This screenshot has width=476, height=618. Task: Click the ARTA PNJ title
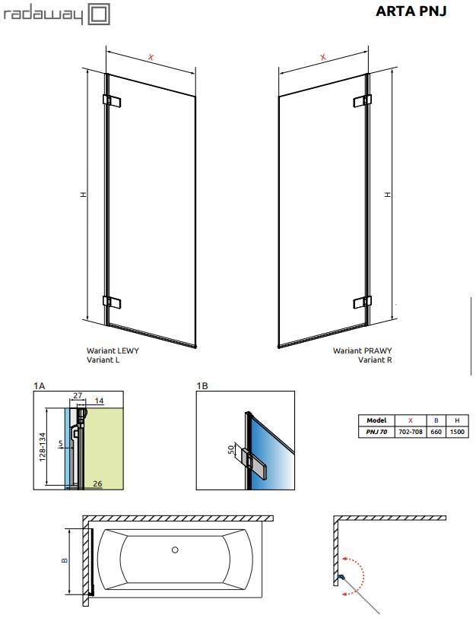pos(411,11)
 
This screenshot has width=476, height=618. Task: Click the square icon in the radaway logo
pos(99,14)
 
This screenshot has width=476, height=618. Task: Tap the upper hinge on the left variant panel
pos(112,100)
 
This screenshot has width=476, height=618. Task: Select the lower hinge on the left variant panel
pos(112,302)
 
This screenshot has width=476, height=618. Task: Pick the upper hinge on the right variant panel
pos(363,100)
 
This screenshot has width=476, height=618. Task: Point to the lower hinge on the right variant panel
pos(363,302)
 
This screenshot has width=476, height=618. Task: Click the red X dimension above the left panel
pos(151,57)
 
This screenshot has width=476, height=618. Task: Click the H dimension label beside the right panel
pos(388,195)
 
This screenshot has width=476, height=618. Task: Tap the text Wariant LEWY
pos(113,350)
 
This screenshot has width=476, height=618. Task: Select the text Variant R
pos(375,360)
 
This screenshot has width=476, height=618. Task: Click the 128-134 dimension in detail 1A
pos(43,447)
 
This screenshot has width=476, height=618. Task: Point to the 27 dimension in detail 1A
pos(78,395)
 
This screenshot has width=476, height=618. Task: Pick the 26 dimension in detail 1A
pos(97,483)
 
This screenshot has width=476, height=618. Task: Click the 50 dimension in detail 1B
pos(231,449)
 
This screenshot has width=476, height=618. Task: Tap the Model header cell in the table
pos(376,420)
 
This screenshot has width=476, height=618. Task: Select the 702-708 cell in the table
pos(411,432)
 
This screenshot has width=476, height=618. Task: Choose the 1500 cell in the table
pos(457,432)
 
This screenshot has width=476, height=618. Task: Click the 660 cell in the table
pos(436,432)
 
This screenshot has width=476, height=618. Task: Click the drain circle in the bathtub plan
pos(175,550)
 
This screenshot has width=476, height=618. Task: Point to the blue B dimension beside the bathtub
pos(65,560)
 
